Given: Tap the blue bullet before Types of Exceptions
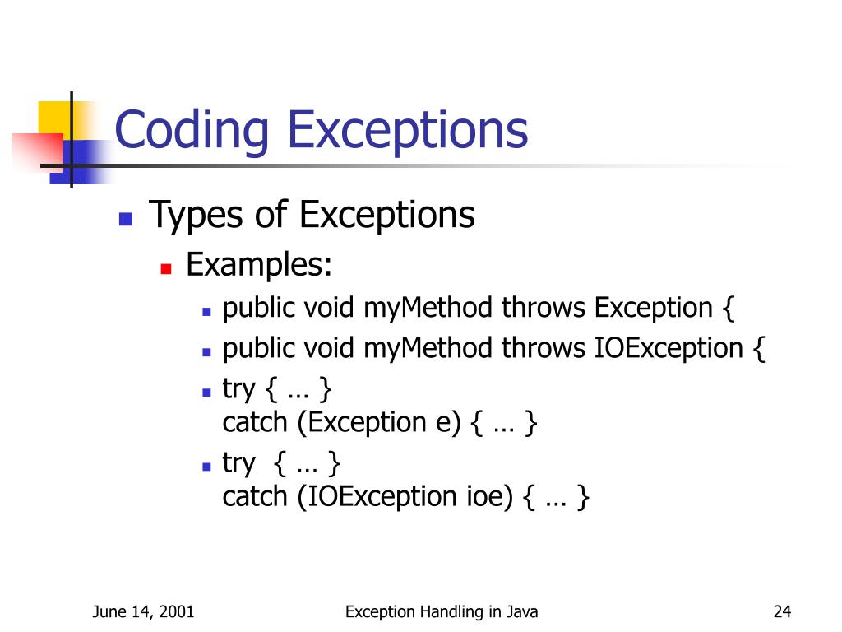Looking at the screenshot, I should point(126,219).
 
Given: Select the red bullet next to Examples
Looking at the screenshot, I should point(165,268).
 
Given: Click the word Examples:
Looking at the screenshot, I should point(259,266).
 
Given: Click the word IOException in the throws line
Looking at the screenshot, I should point(669,348).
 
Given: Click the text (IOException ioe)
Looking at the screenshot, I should point(405,497).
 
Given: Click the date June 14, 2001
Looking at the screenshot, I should point(143,611).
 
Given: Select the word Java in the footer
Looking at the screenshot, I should point(523,611).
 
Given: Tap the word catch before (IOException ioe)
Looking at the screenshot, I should point(255,497).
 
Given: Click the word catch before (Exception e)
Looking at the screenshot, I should point(255,423).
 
